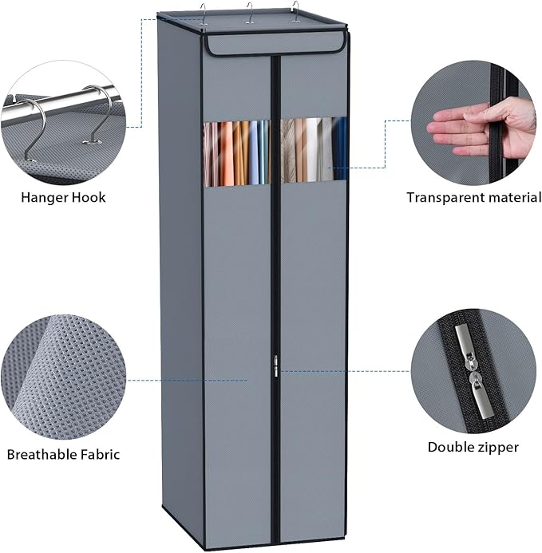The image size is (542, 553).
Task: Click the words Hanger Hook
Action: pyautogui.click(x=63, y=197)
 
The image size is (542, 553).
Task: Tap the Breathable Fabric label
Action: pyautogui.click(x=63, y=454)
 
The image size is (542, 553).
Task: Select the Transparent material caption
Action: pyautogui.click(x=474, y=197)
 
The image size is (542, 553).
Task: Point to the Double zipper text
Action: pyautogui.click(x=473, y=447)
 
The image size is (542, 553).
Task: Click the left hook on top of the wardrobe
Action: pyautogui.click(x=204, y=14)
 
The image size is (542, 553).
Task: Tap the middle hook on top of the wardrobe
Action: pyautogui.click(x=250, y=13)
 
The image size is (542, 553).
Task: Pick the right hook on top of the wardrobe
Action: pyautogui.click(x=295, y=12)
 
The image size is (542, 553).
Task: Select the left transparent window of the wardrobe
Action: pyautogui.click(x=236, y=153)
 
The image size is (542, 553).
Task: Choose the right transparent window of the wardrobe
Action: pyautogui.click(x=314, y=149)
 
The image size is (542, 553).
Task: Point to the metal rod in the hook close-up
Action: pyautogui.click(x=60, y=102)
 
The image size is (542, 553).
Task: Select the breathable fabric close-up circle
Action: pyautogui.click(x=64, y=377)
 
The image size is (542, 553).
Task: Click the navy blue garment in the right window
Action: pyautogui.click(x=340, y=149)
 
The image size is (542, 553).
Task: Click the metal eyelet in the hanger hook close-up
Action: pyautogui.click(x=93, y=142)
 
